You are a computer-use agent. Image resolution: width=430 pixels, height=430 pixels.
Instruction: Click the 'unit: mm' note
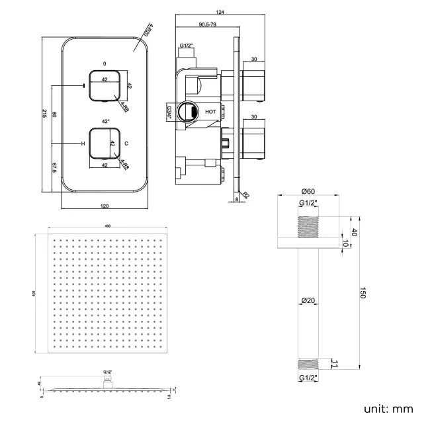(388, 408)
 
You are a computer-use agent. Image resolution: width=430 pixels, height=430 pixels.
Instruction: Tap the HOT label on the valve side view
(210, 112)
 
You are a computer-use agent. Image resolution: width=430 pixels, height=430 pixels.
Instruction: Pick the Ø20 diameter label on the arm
(306, 300)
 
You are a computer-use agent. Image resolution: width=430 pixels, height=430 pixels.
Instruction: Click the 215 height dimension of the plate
(44, 113)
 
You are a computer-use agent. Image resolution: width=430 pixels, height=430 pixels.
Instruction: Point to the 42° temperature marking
(105, 121)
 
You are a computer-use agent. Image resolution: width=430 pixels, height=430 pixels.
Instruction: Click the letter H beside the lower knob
(83, 143)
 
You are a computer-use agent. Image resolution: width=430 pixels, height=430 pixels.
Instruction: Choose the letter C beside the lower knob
(126, 143)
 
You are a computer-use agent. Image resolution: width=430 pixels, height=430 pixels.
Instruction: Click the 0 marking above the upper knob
(104, 64)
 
